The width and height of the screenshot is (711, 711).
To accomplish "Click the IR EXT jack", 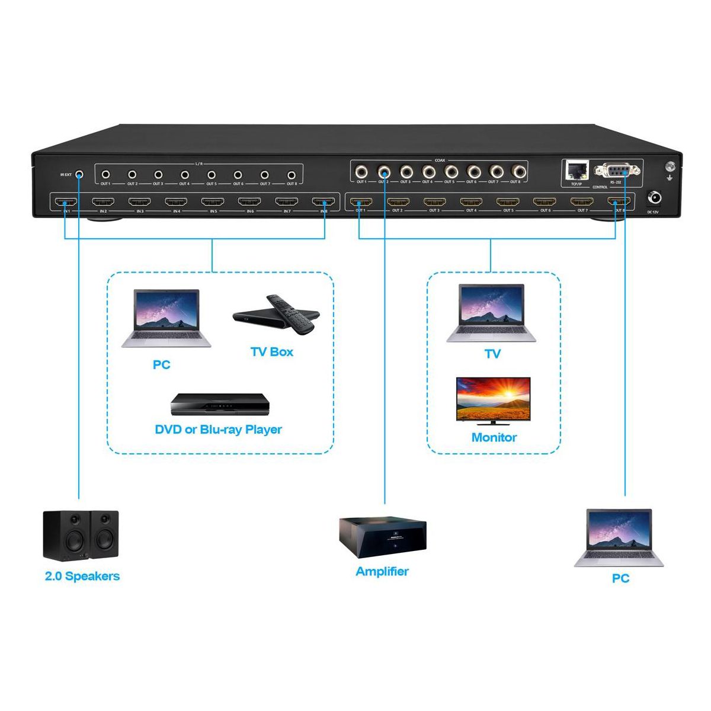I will coord(79,174).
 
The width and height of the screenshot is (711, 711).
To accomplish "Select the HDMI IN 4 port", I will coord(176,202).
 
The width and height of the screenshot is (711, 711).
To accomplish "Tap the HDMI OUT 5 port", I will coord(507,202).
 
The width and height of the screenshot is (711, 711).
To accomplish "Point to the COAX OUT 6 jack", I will coord(472,172).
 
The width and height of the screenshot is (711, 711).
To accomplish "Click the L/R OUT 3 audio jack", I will coord(158,175).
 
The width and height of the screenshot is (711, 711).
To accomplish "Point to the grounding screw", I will coord(671,167).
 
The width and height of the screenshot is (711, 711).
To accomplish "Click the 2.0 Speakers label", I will coord(82,576).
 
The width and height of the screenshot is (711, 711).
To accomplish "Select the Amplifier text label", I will coord(382,572).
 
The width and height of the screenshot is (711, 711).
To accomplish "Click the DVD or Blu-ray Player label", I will coord(219,430).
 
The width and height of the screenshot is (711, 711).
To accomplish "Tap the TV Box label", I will coord(272,352).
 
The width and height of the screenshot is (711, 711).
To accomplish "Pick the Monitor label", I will coord(494,438).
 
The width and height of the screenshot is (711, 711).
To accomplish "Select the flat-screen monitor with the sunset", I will coord(493,401).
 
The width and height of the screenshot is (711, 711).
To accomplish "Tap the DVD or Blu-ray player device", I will coord(220,406).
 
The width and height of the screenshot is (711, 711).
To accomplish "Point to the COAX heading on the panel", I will coord(440,160).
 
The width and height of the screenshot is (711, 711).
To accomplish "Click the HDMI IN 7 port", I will coord(286,202).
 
